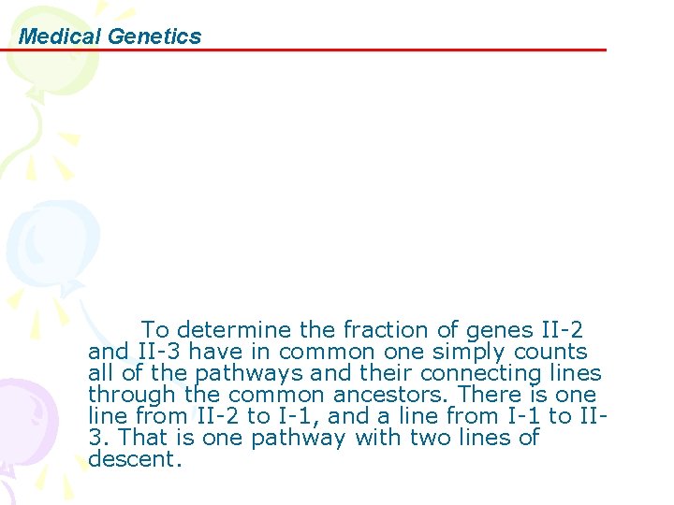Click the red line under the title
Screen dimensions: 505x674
(x=374, y=50)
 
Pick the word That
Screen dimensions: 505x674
(x=141, y=438)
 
